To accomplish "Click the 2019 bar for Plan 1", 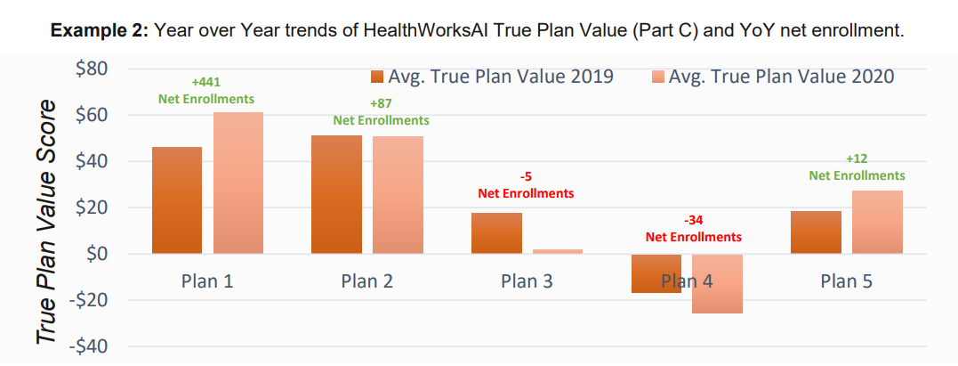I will click(x=177, y=200).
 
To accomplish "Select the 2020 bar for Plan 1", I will click(x=237, y=183).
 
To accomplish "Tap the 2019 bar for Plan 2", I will click(x=336, y=194).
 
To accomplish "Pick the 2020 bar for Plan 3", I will click(x=557, y=251).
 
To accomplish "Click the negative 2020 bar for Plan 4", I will click(x=716, y=284).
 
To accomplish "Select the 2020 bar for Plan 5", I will click(x=877, y=223).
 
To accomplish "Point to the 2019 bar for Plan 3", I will click(x=496, y=233).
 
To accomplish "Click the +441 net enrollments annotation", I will click(x=206, y=91).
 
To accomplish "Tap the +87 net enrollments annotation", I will click(x=381, y=112).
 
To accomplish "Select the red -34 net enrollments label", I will click(x=692, y=229).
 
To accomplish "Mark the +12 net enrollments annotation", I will click(x=857, y=167).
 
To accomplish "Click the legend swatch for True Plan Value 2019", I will click(x=377, y=77).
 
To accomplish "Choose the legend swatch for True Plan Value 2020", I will click(x=657, y=77).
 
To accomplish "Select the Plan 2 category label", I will click(x=366, y=281).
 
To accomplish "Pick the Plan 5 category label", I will click(x=846, y=281).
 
